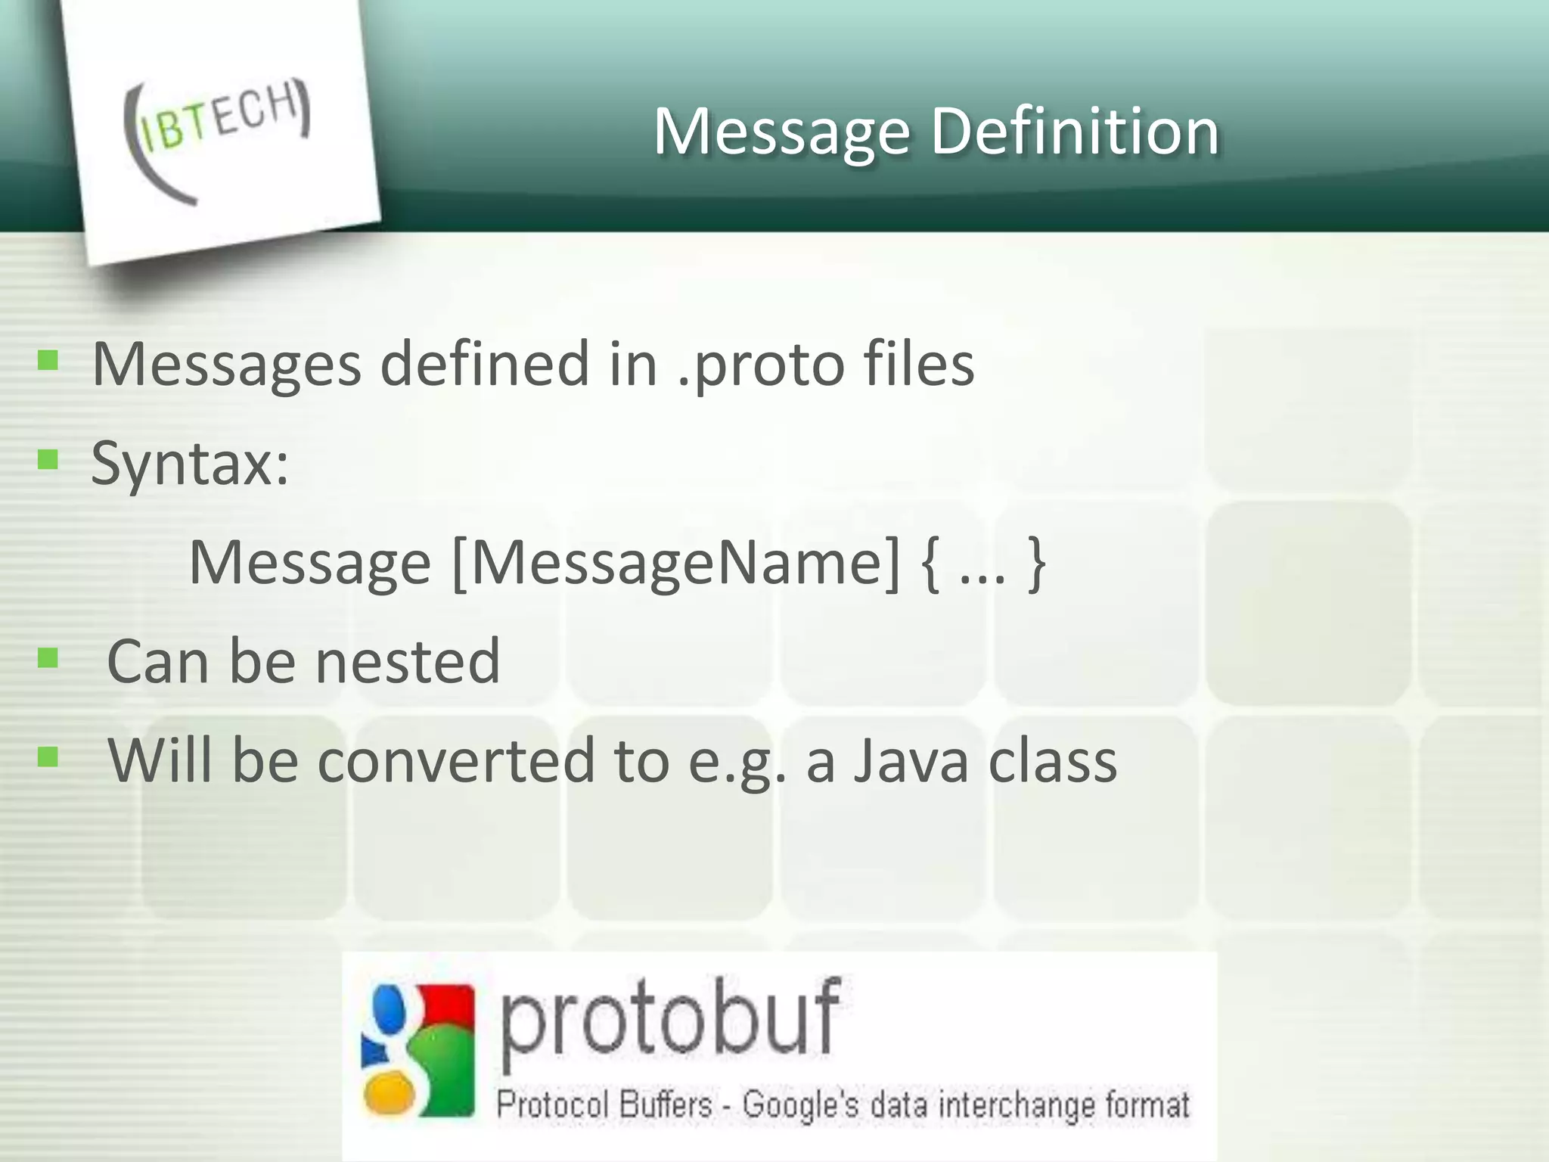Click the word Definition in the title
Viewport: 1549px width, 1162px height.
click(1075, 132)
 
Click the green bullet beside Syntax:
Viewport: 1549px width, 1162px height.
click(48, 459)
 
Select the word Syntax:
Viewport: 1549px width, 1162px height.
click(190, 464)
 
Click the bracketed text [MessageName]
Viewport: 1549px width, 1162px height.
click(676, 563)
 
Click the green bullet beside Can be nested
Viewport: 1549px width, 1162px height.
click(48, 658)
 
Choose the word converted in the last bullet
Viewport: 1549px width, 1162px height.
click(456, 761)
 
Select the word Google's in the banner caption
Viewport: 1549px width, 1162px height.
click(801, 1105)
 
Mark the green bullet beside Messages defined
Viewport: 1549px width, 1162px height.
click(48, 360)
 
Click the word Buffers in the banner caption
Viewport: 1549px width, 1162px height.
click(666, 1105)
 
